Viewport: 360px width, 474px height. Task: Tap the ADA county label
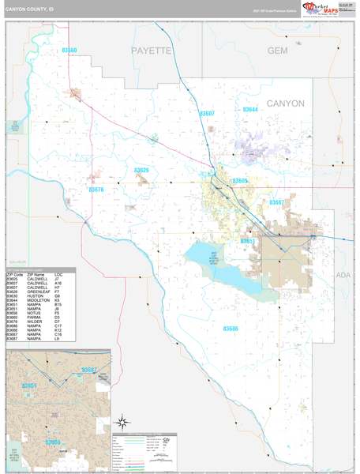pos(342,275)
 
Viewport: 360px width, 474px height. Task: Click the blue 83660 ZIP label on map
pos(69,51)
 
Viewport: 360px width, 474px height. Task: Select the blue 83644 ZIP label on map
pos(250,109)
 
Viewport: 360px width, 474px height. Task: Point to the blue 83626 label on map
pos(141,170)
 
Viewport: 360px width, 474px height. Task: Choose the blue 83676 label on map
pos(96,190)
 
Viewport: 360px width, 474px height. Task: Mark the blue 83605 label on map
pos(240,181)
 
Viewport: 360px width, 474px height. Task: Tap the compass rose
pos(123,422)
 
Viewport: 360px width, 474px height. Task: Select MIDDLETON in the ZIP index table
pos(37,300)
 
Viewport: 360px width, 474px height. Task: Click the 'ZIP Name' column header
pos(36,274)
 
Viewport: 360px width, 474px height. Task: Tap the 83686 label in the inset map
pos(51,442)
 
